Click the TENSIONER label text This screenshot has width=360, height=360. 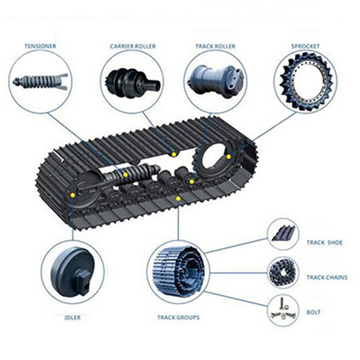tap(40, 46)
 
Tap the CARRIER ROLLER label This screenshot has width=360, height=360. tap(133, 46)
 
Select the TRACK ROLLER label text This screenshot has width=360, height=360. tap(215, 46)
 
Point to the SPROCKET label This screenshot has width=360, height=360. tap(305, 46)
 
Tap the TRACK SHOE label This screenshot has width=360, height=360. tap(325, 243)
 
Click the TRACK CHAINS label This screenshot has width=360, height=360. tap(327, 277)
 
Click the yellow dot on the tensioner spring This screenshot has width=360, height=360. tap(125, 175)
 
